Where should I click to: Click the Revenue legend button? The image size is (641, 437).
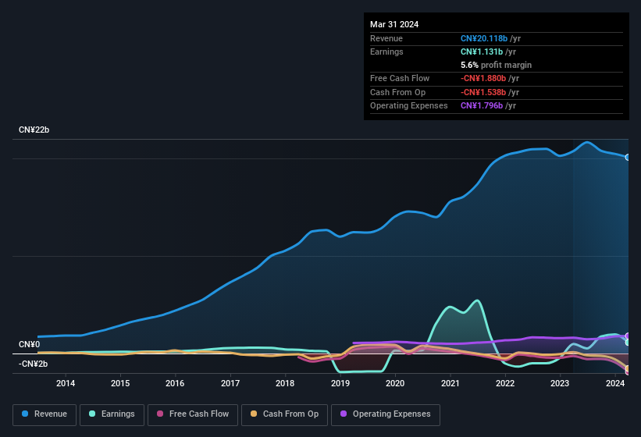(x=45, y=414)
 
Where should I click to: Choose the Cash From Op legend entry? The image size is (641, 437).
(x=285, y=414)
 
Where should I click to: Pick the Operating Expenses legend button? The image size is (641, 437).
(x=386, y=414)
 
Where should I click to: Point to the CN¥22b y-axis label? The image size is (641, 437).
(x=34, y=130)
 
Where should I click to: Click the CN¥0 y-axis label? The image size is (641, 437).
(x=29, y=344)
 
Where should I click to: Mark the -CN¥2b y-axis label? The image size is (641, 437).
(x=34, y=364)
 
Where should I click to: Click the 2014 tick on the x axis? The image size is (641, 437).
(x=66, y=383)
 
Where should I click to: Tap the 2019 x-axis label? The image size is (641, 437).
(x=340, y=383)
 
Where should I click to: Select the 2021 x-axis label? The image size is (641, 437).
(x=450, y=383)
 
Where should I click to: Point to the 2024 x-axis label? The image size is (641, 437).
(x=614, y=383)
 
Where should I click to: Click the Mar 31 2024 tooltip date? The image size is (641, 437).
(x=394, y=24)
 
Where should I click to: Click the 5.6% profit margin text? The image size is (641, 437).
(x=496, y=65)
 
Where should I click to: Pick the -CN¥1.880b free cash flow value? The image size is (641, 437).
(x=484, y=78)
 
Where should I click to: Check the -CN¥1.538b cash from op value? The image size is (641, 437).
(x=484, y=92)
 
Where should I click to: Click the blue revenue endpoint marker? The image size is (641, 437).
(x=628, y=157)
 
